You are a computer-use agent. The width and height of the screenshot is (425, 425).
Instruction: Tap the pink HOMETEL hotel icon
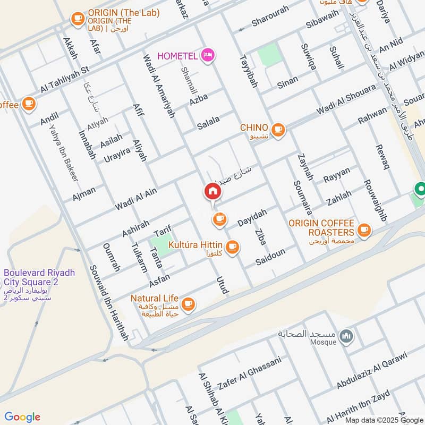pyautogui.click(x=208, y=54)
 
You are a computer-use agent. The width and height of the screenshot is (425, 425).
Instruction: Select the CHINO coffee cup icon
pyautogui.click(x=277, y=129)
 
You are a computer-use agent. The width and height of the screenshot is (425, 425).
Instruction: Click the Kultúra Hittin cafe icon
pyautogui.click(x=232, y=246)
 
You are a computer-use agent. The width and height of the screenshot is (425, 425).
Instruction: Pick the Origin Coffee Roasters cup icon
pyautogui.click(x=363, y=230)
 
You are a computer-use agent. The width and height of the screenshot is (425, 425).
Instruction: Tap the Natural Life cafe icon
pyautogui.click(x=188, y=304)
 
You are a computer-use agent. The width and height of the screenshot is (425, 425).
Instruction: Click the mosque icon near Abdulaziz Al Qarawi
pyautogui.click(x=346, y=337)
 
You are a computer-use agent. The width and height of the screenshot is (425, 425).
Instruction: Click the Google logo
pyautogui.click(x=22, y=417)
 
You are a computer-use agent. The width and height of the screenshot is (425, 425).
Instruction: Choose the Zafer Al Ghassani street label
pyautogui.click(x=249, y=374)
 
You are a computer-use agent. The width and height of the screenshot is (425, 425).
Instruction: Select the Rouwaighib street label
pyautogui.click(x=375, y=200)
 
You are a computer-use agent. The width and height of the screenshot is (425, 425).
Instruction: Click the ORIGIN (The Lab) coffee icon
pyautogui.click(x=78, y=19)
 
